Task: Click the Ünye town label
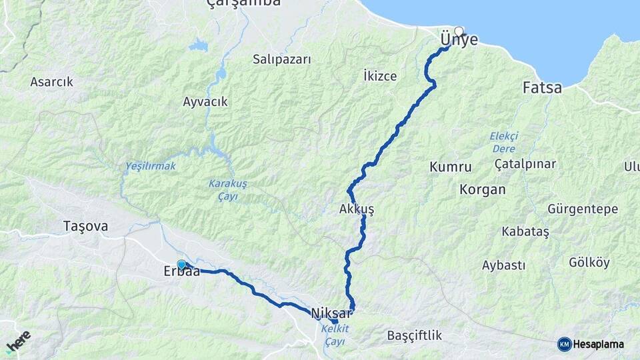pos(459,41)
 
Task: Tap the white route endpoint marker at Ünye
pos(459,31)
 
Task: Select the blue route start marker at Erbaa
pos(181,265)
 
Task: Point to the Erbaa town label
pos(181,272)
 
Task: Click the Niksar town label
pos(331,312)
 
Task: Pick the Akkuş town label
pos(357,209)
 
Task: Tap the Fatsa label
pos(541,87)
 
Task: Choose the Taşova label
pos(85,226)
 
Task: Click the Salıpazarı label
pos(282,59)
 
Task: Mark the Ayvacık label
pos(205,102)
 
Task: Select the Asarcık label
pos(51,82)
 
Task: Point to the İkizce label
pos(381,76)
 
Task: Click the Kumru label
pos(451,167)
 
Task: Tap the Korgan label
pos(482,189)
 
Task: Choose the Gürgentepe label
pos(582,209)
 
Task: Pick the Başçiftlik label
pos(415,335)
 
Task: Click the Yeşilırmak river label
pos(151,166)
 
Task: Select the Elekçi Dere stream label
pos(504,141)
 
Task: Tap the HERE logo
pos(18,341)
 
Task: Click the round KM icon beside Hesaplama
pos(564,344)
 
